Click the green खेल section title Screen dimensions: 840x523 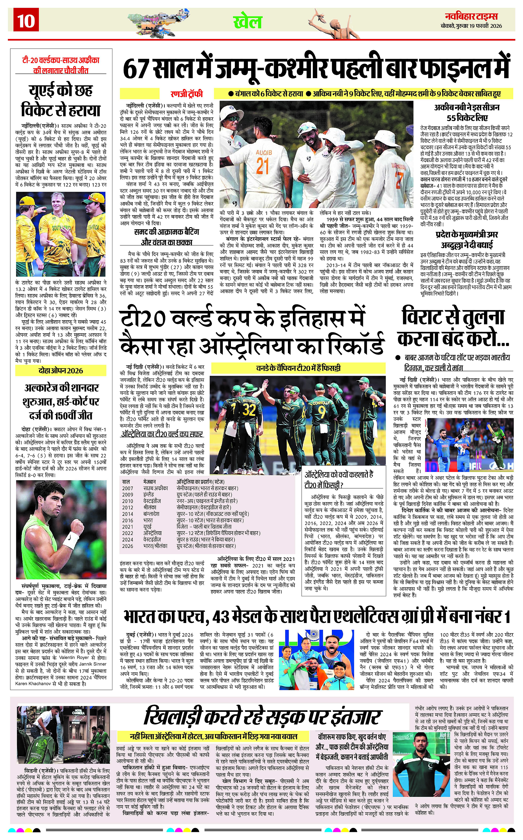pyautogui.click(x=247, y=22)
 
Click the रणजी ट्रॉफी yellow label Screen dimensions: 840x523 pyautogui.click(x=186, y=94)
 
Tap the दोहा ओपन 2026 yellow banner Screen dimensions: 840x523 pyautogui.click(x=60, y=371)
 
